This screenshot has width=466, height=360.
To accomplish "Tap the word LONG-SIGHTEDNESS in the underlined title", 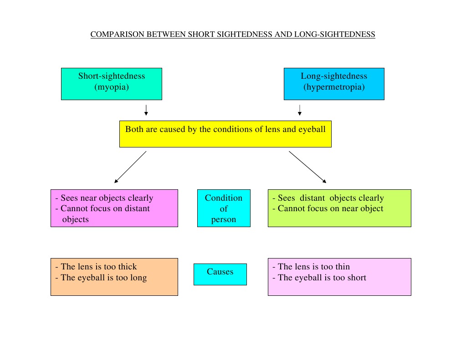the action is [x=335, y=35].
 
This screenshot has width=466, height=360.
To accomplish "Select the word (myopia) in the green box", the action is [x=112, y=87].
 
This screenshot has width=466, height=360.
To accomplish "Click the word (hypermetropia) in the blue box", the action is [x=334, y=87].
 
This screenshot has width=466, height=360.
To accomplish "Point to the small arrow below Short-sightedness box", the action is [x=146, y=110].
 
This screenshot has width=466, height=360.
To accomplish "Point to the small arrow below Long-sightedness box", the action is [x=300, y=110].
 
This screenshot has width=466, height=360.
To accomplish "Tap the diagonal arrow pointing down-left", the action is [x=130, y=167].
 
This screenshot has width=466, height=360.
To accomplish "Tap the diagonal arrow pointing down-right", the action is [x=307, y=167].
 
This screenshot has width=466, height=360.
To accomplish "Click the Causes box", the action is [x=220, y=274].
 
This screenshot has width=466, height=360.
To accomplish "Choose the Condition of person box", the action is [x=224, y=208].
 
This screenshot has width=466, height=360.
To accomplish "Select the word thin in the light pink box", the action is [x=343, y=267].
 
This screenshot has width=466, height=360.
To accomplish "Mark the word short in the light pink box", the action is [x=356, y=278].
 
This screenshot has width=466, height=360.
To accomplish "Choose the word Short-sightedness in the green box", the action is [x=112, y=76].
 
